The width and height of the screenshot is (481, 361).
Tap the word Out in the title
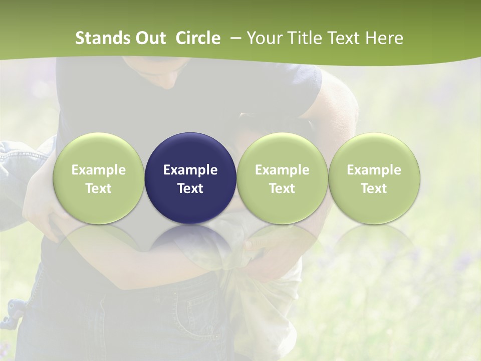pos(150,38)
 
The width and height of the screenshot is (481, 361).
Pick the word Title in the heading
pos(304,38)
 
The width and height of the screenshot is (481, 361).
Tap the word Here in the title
pos(384,38)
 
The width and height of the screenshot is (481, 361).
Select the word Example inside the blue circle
pos(190,170)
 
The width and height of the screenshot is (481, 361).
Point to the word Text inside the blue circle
pos(190,189)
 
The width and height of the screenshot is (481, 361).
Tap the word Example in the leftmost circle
pos(98,170)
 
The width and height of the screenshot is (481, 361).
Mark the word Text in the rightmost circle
pos(374,189)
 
